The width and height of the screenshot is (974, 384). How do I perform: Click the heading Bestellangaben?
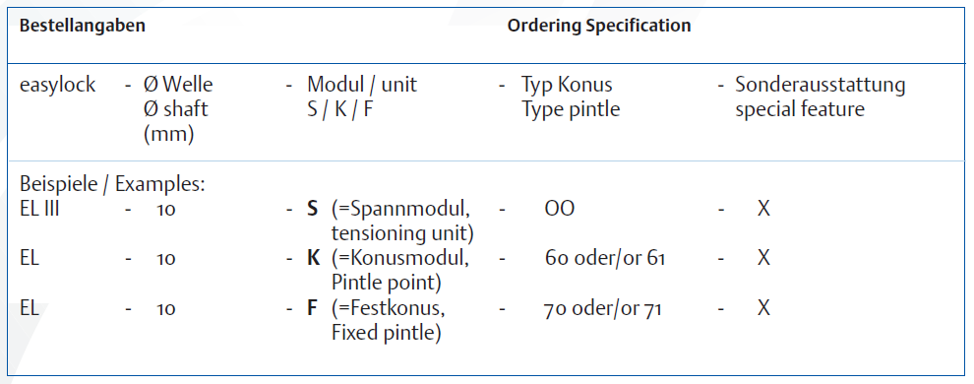83,27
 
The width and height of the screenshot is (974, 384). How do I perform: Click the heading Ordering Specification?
599,27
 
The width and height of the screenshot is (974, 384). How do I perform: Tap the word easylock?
58,85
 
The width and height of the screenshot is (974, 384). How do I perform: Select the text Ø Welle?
178,85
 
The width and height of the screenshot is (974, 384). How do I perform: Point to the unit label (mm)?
168,134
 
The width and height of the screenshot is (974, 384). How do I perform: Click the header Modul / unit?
362,85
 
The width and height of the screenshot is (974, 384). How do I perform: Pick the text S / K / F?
340,109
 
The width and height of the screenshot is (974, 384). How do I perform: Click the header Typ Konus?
567,85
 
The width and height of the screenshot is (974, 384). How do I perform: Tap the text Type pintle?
571,109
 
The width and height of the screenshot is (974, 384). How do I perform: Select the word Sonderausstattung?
820,85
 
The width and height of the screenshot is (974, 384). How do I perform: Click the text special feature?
800,109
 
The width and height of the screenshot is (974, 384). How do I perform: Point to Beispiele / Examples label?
112,184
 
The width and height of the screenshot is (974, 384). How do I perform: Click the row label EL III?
39,209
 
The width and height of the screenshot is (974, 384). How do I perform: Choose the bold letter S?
313,209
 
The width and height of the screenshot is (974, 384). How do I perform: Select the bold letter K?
313,258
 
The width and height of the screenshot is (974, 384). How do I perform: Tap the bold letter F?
313,307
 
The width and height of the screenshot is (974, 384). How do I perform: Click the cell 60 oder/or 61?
604,259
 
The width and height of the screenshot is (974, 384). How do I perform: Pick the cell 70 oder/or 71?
602,308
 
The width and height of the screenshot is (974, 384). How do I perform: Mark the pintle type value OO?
559,209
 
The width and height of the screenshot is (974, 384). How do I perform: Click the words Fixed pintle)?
387,334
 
